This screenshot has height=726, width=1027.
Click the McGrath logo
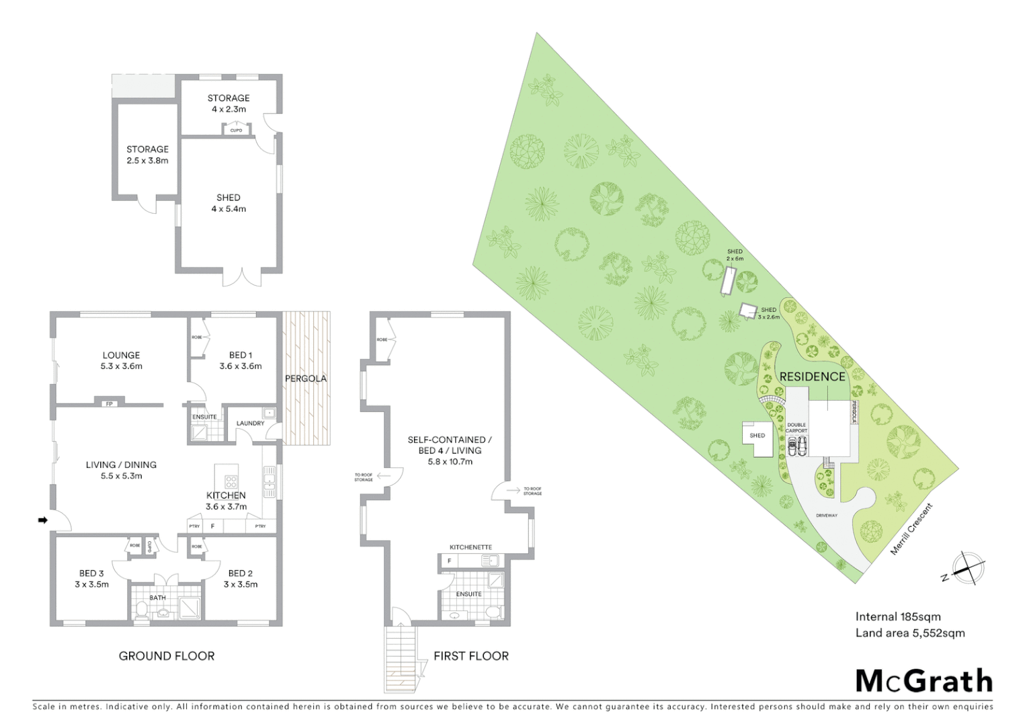924,681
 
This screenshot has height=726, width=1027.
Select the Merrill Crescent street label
912,529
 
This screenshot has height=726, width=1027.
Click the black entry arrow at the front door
42,520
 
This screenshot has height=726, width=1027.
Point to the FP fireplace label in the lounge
110,404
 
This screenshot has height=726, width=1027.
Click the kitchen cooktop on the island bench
231,481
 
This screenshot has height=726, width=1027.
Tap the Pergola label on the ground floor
306,378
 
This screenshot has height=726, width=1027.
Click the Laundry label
250,424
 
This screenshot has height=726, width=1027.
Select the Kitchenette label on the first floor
470,547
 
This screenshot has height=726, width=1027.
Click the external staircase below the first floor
402,659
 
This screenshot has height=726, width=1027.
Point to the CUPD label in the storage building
236,130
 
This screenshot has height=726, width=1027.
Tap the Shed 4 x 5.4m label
229,203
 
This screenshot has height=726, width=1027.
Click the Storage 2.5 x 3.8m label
147,155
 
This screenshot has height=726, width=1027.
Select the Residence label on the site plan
812,376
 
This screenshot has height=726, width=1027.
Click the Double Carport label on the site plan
796,428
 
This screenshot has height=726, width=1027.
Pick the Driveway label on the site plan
827,516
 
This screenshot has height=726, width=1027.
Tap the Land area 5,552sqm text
910,633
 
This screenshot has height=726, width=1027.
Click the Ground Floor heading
167,656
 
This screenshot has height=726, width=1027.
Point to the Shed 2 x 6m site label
735,255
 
